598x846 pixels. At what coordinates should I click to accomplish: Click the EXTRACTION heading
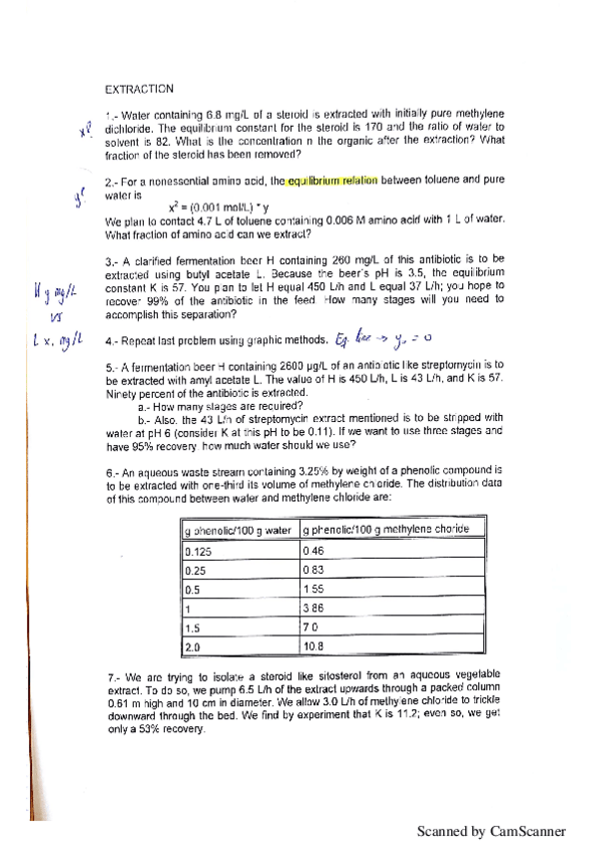coord(139,89)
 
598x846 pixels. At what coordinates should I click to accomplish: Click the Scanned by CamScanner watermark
coord(491,831)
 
